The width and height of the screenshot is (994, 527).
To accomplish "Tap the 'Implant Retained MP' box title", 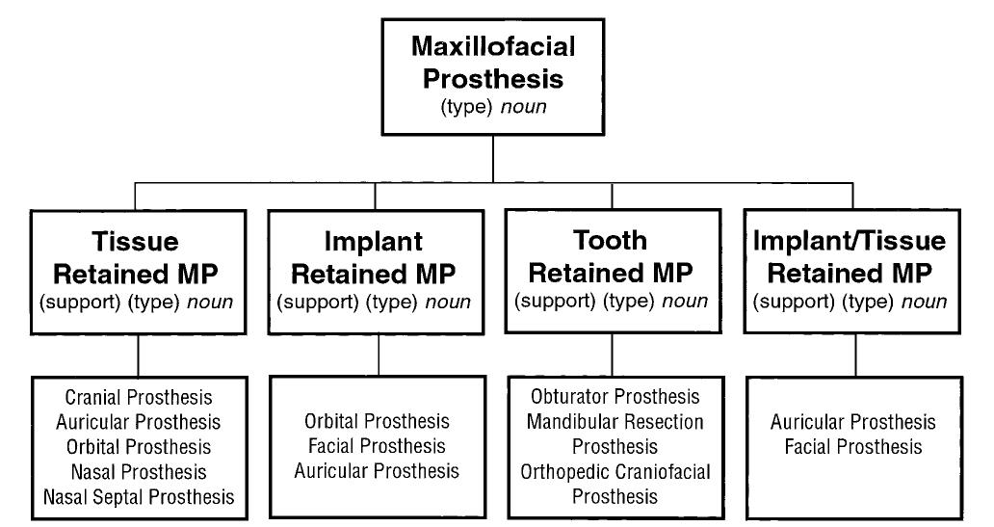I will coord(374,257).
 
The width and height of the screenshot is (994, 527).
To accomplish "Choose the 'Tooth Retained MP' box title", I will coord(611,256).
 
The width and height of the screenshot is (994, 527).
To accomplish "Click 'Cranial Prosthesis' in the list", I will coord(139,397).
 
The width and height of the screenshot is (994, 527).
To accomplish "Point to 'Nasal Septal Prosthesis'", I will coord(139,497).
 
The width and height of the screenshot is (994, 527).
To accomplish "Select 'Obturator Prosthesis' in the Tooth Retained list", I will coord(615,397).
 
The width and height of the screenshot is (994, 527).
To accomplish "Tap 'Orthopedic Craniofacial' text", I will coord(615,472).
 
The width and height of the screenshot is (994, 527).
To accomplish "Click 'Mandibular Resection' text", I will coord(615,422).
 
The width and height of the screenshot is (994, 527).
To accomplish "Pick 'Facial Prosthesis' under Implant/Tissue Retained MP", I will coord(853,447).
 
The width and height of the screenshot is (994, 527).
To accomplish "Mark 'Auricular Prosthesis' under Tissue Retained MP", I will coord(139,422).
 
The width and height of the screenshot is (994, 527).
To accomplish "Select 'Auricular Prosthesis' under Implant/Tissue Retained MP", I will coord(853,422).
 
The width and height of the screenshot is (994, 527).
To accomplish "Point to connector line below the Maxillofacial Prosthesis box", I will coord(493,158).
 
